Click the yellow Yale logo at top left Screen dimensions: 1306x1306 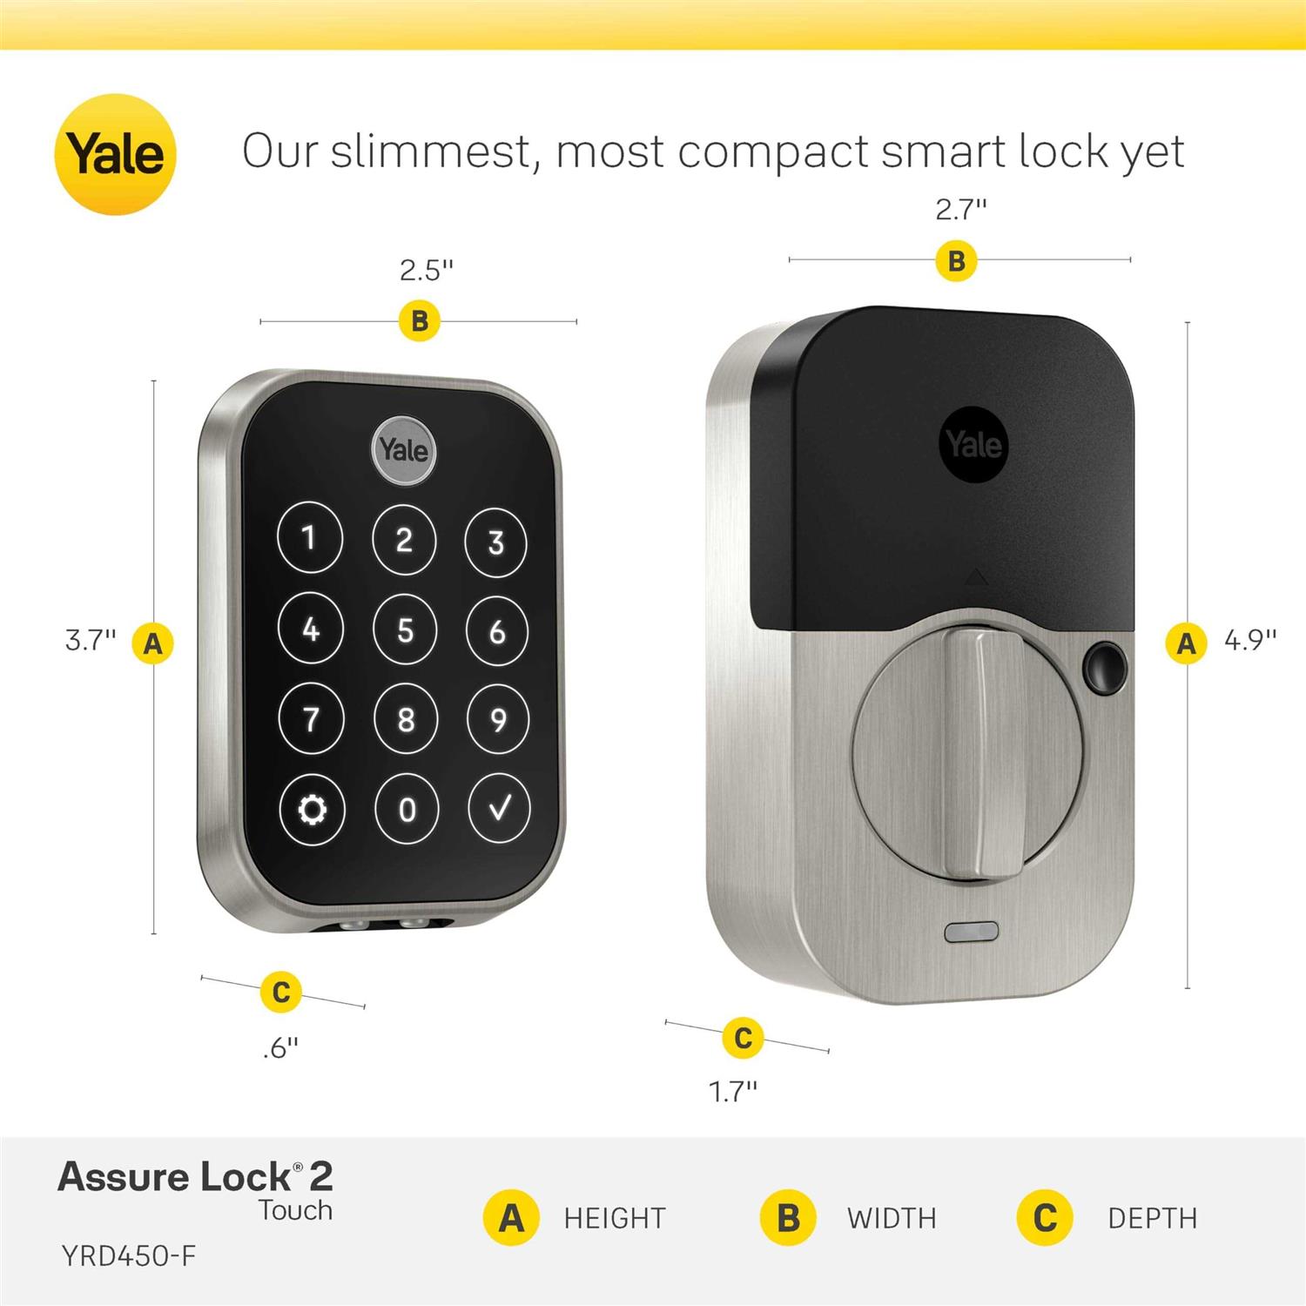click(x=115, y=154)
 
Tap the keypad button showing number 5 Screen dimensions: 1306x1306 click(x=405, y=629)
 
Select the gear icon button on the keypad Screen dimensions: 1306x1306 click(x=312, y=810)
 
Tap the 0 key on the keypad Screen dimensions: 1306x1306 click(x=407, y=810)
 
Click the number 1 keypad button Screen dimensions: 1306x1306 click(x=309, y=538)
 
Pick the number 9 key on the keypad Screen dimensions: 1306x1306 click(x=498, y=720)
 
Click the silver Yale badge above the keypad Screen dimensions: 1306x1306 click(x=403, y=450)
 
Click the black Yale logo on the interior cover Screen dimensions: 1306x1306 click(x=974, y=444)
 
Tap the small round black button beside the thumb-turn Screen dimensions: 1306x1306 click(x=1103, y=664)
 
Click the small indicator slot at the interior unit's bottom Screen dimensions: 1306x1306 click(x=972, y=932)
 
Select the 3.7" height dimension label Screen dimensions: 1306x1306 click(x=91, y=640)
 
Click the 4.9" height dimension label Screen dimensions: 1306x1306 click(x=1249, y=640)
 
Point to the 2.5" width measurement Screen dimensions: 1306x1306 click(x=427, y=271)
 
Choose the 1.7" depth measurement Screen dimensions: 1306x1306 click(x=733, y=1091)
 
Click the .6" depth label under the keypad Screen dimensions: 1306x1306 click(x=280, y=1047)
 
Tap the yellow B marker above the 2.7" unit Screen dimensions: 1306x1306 click(x=956, y=261)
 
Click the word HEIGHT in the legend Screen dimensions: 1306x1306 click(x=615, y=1218)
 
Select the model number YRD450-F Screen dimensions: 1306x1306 click(x=129, y=1256)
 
